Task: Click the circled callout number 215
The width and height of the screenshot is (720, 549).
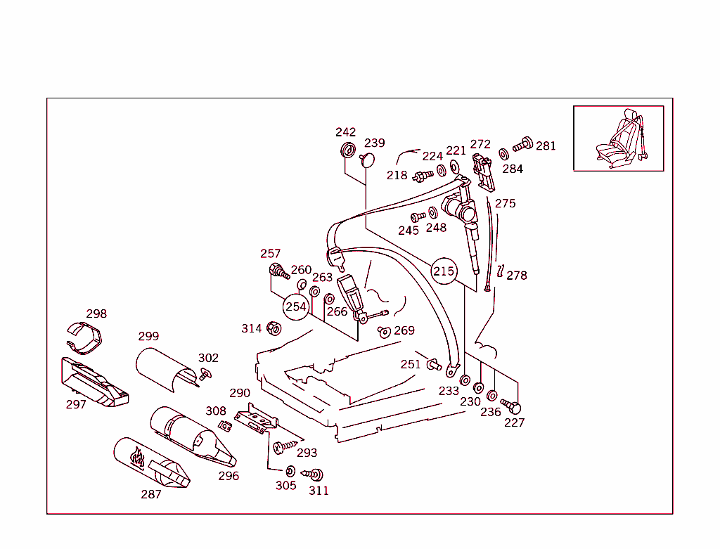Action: click(x=444, y=271)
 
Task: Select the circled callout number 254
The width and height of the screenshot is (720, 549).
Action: click(x=296, y=306)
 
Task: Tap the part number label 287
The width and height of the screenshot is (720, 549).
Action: click(x=151, y=494)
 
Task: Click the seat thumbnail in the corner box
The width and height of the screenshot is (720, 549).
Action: click(x=618, y=138)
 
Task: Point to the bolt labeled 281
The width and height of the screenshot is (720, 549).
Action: click(x=522, y=144)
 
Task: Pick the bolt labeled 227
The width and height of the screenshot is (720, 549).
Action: click(x=512, y=406)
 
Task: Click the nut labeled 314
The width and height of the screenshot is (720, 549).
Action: click(x=275, y=328)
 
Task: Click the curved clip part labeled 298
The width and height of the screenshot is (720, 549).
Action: click(x=86, y=337)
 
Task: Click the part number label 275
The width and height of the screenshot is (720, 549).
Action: click(x=505, y=204)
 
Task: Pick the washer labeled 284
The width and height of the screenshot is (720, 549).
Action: click(x=503, y=154)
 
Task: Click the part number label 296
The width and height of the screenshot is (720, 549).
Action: click(x=229, y=476)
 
